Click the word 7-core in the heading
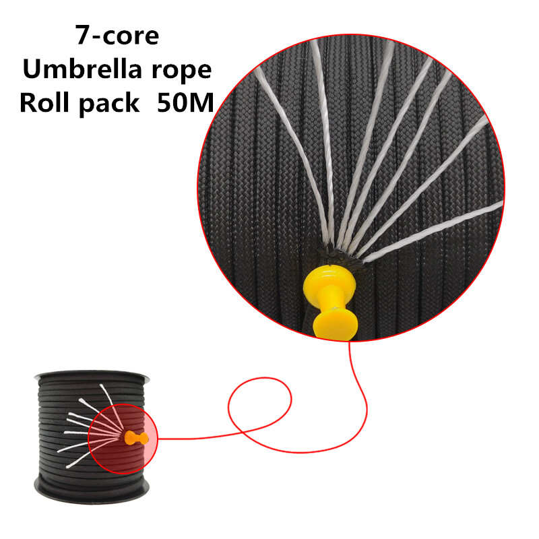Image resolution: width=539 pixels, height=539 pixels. click(117, 35)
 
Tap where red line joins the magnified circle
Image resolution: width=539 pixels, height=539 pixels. click(349, 342)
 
